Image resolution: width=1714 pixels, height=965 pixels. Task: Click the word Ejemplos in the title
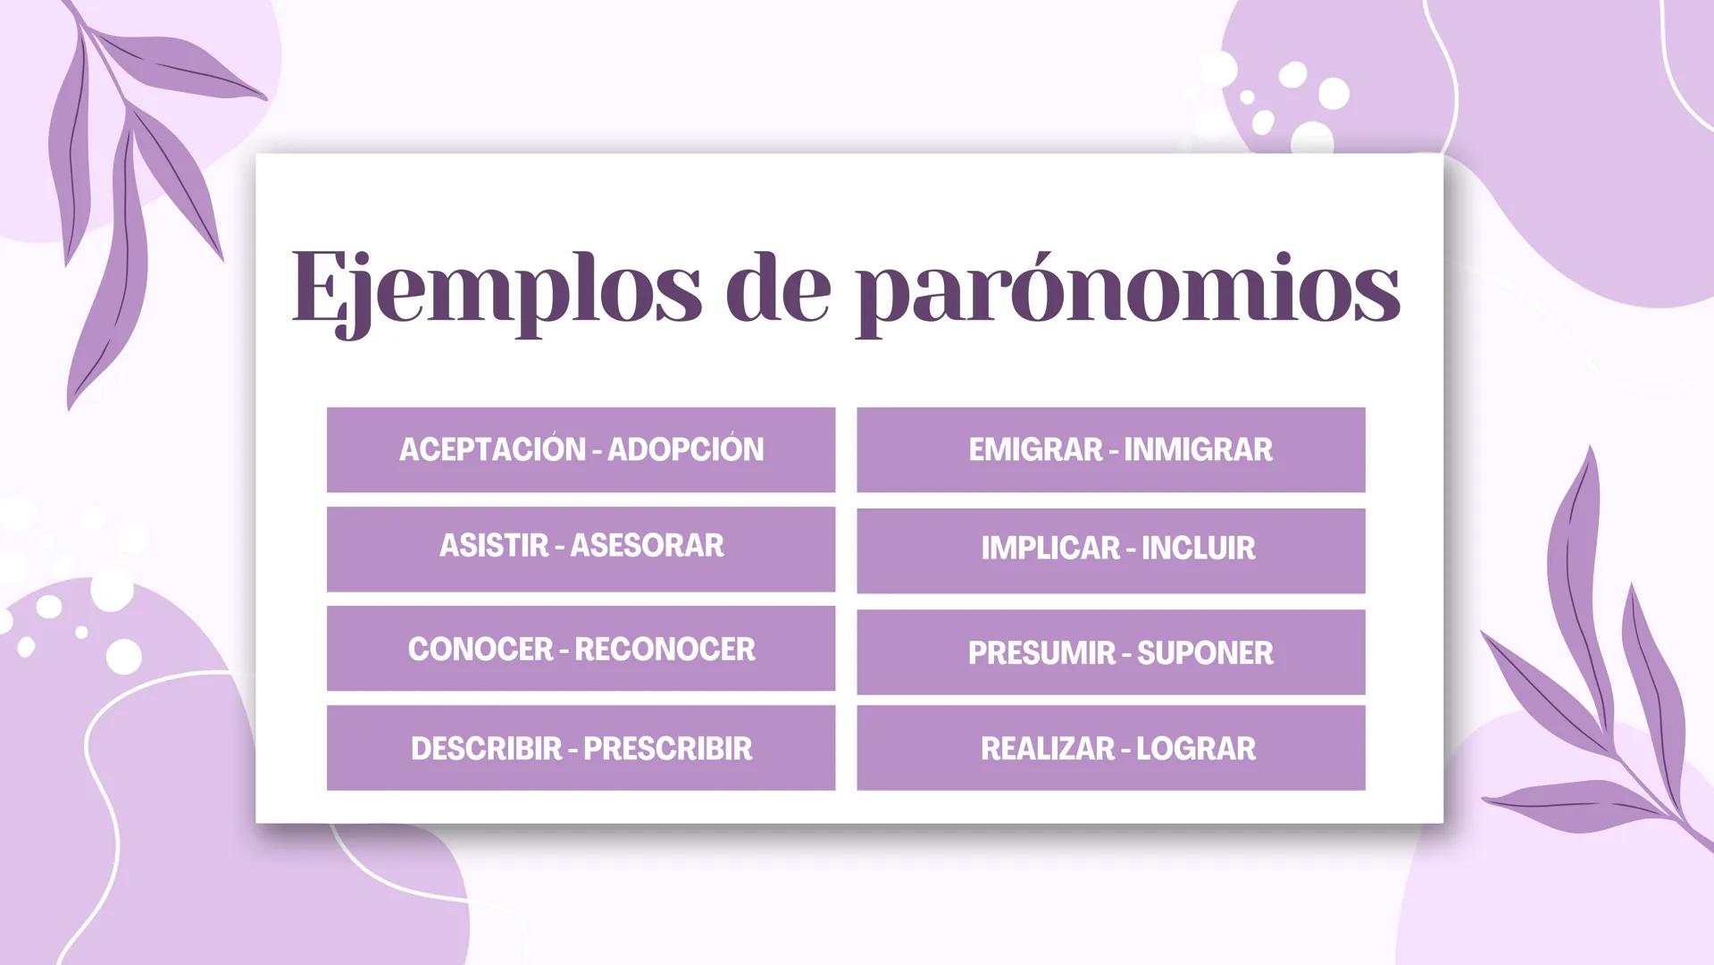point(496,288)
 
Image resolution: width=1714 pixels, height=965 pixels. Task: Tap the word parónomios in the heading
point(1127,288)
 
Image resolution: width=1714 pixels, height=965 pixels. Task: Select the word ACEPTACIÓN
point(492,449)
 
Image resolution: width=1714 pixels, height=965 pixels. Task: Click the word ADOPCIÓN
point(686,449)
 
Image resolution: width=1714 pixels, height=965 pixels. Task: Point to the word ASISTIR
point(493,546)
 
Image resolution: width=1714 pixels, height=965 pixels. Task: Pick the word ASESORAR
point(647,546)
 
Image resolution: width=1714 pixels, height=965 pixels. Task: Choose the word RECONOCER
point(665,650)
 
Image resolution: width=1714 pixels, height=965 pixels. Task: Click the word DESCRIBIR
point(486,749)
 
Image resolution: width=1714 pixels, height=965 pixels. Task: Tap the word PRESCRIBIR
point(667,749)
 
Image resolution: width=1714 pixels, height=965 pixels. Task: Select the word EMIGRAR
point(1035,449)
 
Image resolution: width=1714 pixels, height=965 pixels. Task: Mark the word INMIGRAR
point(1198,449)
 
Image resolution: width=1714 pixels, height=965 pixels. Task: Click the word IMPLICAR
point(1049,549)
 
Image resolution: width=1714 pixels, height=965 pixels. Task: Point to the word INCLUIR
point(1198,549)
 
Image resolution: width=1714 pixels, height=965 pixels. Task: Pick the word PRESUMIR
point(1041,653)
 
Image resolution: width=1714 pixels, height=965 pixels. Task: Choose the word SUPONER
point(1205,653)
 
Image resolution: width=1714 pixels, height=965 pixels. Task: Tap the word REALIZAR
point(1048,749)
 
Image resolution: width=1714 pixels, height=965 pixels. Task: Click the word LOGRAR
point(1195,749)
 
